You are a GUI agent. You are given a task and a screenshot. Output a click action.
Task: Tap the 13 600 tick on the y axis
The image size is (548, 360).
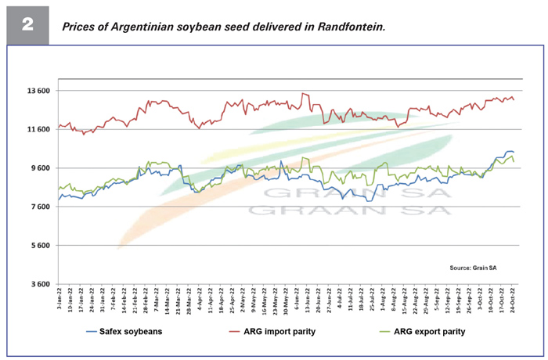pyautogui.click(x=34, y=91)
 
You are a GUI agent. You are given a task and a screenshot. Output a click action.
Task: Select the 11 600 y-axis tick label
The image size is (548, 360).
pyautogui.click(x=34, y=129)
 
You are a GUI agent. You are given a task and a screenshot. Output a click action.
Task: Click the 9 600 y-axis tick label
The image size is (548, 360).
pyautogui.click(x=37, y=168)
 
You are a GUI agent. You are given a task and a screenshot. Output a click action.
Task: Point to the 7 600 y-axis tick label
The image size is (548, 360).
pyautogui.click(x=37, y=207)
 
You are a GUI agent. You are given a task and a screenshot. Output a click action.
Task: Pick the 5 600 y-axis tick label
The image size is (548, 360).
pyautogui.click(x=37, y=246)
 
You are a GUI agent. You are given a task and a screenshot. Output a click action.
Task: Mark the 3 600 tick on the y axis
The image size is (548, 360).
pyautogui.click(x=37, y=284)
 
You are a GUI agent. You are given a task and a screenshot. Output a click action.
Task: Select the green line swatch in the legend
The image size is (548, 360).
pyautogui.click(x=372, y=332)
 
